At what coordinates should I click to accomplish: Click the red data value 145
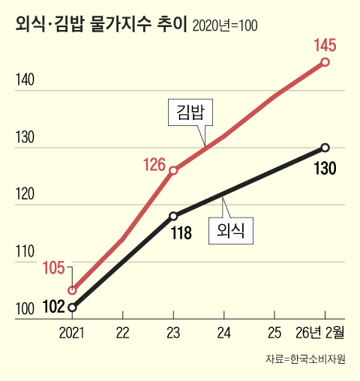(324, 44)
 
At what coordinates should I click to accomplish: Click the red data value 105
(56, 268)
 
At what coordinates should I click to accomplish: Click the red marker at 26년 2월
(325, 62)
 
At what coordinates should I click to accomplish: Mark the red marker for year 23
(173, 170)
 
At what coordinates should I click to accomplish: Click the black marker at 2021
(72, 307)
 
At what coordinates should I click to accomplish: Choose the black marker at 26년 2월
(325, 147)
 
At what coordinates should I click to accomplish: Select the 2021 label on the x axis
(72, 331)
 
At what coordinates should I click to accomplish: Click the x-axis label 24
(223, 331)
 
